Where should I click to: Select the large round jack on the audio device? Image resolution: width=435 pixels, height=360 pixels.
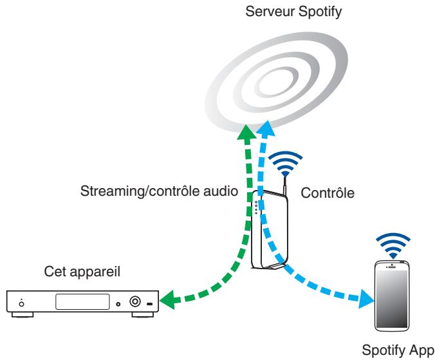tap(135, 301)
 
